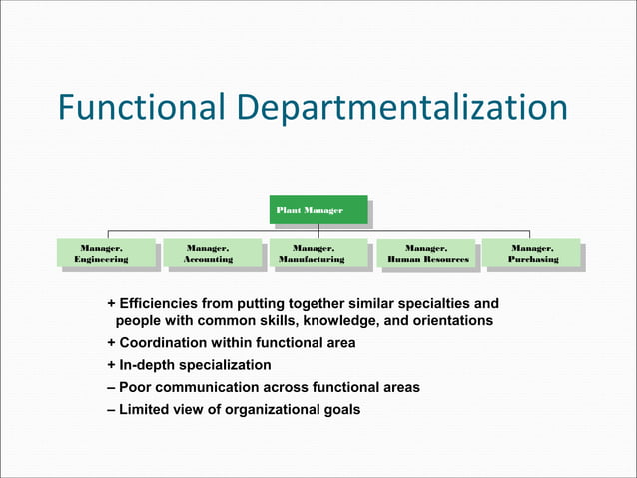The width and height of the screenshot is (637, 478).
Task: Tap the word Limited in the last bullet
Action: click(145, 409)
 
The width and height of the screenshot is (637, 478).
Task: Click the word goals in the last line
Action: click(339, 409)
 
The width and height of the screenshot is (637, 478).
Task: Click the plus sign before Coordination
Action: click(111, 343)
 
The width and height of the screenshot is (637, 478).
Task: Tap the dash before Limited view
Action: click(111, 409)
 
